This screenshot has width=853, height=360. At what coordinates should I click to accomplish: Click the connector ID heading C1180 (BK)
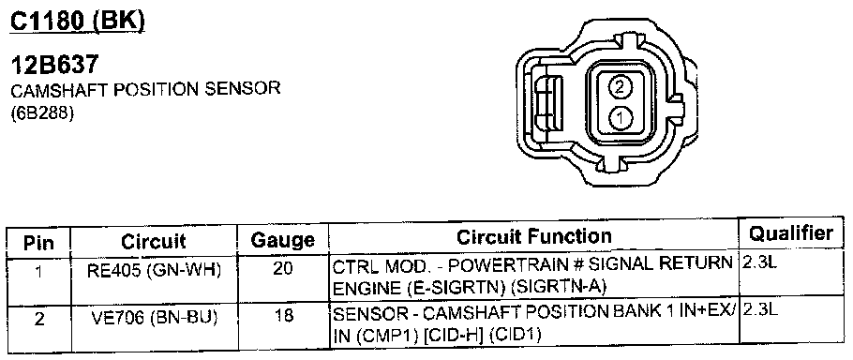point(79,21)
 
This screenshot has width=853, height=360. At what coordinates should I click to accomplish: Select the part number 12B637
point(55,66)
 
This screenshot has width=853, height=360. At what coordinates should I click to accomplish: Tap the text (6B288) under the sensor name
point(42,115)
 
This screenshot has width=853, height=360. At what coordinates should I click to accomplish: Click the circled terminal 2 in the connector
point(621,87)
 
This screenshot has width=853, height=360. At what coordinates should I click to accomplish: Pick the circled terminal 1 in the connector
point(620,117)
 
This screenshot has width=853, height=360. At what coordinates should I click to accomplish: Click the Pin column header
point(38,243)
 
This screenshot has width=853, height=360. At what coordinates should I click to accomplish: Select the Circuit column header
point(154,242)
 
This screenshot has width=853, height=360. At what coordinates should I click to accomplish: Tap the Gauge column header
point(283,240)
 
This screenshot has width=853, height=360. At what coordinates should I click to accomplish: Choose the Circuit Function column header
point(533,236)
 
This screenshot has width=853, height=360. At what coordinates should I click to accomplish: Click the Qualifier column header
point(791,233)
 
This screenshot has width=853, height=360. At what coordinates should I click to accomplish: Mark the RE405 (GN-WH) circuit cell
point(154,271)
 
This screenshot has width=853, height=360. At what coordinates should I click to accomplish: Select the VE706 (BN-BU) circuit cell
point(154,318)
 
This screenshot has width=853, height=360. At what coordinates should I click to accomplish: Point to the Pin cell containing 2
point(39,319)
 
